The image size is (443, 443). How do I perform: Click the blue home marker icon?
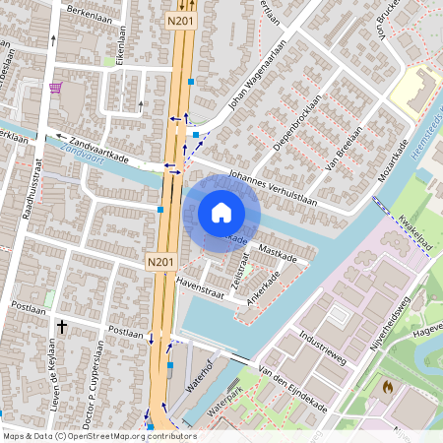pos(221,213)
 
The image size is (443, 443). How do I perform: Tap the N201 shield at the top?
pos(180,20)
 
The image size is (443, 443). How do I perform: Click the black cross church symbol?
pos(61,325)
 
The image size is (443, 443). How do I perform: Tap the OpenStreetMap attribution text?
pos(99,435)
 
